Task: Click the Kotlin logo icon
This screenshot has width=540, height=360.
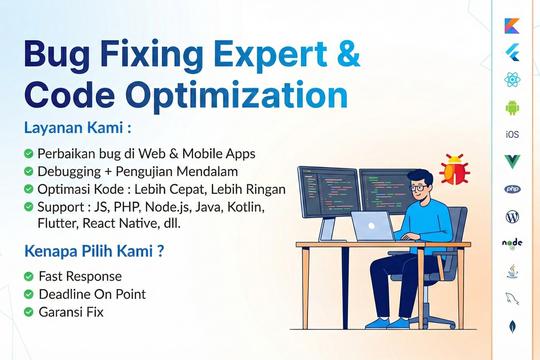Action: coord(512,26)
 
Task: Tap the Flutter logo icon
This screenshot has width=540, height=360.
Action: coord(512,53)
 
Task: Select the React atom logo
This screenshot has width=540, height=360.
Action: coord(512,80)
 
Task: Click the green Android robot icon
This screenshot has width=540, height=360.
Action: coord(512,107)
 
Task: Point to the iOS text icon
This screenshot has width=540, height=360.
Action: coord(512,134)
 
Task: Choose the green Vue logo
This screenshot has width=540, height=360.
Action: coord(512,162)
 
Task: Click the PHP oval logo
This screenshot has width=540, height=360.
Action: coord(512,189)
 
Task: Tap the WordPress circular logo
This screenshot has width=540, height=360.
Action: coord(512,216)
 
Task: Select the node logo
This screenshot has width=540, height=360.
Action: coord(512,244)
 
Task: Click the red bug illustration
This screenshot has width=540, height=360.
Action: coord(455,169)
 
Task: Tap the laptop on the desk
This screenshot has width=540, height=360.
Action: coord(373,226)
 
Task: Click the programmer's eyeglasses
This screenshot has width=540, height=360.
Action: coord(419,188)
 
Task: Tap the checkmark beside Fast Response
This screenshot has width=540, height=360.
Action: coord(29,276)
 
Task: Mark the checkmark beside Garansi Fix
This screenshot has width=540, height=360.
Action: coord(29,312)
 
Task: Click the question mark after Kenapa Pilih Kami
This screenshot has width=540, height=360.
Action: coord(160,251)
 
